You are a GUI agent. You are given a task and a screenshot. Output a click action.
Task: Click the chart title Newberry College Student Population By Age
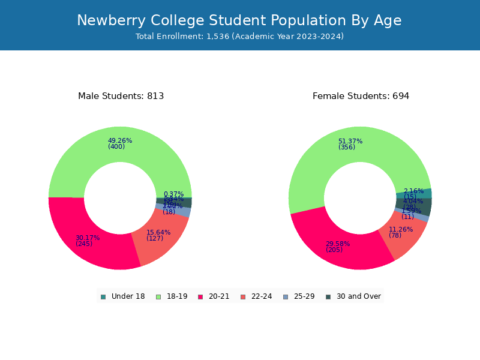coord(239,20)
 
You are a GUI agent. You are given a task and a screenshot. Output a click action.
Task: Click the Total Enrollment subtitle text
coord(239,37)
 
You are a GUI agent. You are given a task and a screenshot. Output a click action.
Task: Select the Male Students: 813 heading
coord(121,96)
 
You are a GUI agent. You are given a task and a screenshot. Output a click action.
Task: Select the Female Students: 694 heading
coord(361,96)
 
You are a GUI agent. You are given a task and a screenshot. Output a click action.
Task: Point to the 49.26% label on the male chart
coord(120,141)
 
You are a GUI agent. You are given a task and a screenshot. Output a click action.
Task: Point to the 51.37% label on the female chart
coord(350,142)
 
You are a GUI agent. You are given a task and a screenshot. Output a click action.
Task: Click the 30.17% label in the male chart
coord(88,238)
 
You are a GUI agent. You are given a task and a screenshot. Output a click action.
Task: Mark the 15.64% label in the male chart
coord(158,232)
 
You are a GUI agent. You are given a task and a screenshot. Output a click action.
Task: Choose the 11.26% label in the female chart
coord(401,229)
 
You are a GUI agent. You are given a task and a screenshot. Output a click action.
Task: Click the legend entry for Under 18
coord(123,296)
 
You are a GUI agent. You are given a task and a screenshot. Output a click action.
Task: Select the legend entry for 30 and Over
coord(353,296)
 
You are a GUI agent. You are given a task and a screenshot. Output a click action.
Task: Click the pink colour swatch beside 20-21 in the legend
coord(201,296)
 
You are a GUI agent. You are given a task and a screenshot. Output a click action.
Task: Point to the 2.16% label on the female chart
coord(413,191)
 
